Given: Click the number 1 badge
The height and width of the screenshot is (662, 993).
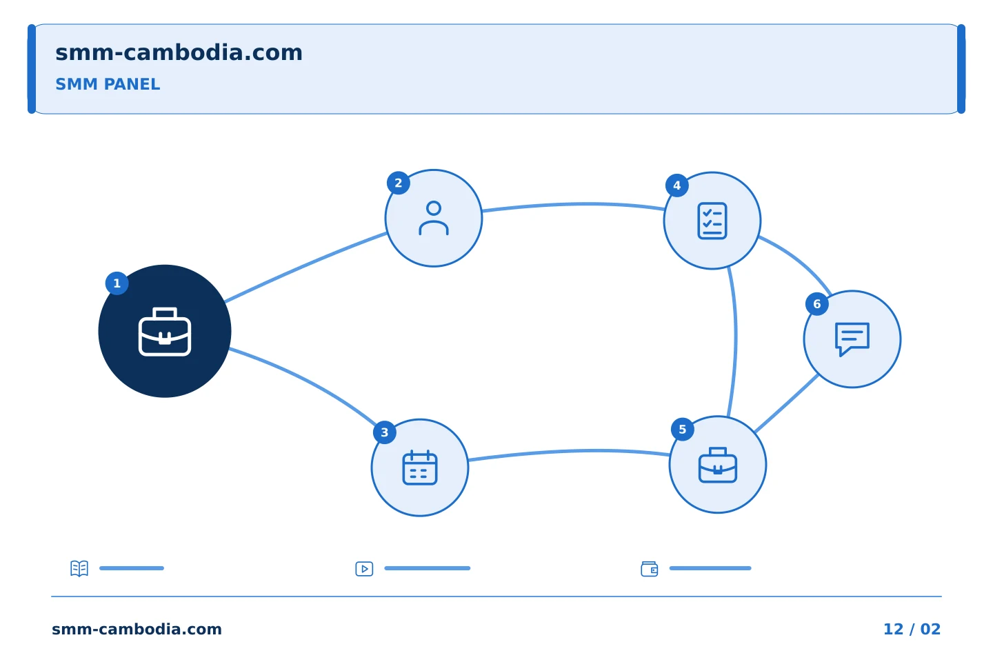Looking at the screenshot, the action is pyautogui.click(x=117, y=283).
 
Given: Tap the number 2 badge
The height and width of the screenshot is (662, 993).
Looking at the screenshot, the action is pyautogui.click(x=398, y=183).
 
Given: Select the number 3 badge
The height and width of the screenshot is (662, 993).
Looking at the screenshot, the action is pyautogui.click(x=384, y=432).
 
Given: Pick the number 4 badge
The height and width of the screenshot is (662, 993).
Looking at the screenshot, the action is pyautogui.click(x=677, y=185).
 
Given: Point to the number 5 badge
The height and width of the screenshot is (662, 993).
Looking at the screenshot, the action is pyautogui.click(x=682, y=429).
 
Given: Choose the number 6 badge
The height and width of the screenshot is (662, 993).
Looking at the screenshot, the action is pyautogui.click(x=817, y=303).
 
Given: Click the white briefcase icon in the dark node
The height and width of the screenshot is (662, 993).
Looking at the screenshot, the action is pyautogui.click(x=165, y=332).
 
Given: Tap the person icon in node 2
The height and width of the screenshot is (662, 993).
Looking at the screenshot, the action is pyautogui.click(x=434, y=218).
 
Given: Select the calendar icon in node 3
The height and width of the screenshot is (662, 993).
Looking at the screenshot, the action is pyautogui.click(x=420, y=468).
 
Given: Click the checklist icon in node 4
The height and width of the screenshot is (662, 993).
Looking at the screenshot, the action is pyautogui.click(x=712, y=221).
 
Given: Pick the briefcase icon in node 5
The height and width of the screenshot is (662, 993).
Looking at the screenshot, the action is pyautogui.click(x=718, y=465).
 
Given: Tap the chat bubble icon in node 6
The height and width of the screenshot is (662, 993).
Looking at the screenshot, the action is pyautogui.click(x=852, y=339).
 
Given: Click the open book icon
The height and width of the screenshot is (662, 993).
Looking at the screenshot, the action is pyautogui.click(x=79, y=568).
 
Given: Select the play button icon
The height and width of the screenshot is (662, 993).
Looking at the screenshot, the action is pyautogui.click(x=364, y=569).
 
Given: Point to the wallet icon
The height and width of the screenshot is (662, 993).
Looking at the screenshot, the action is pyautogui.click(x=650, y=569).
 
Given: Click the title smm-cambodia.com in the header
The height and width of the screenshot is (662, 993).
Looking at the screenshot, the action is pyautogui.click(x=179, y=52).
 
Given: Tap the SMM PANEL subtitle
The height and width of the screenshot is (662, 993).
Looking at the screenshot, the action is pyautogui.click(x=108, y=84).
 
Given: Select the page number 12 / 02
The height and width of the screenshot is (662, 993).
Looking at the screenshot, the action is pyautogui.click(x=912, y=629).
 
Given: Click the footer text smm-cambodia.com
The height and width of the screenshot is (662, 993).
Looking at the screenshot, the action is pyautogui.click(x=137, y=629).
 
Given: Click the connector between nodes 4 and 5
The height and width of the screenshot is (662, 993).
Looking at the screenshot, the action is pyautogui.click(x=735, y=341).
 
